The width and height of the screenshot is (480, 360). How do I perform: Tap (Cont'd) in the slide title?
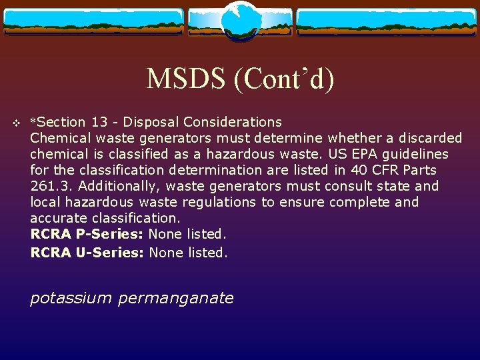[x=284, y=79]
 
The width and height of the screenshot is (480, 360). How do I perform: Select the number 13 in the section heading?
[x=100, y=122]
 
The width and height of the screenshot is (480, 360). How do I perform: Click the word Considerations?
[x=233, y=122]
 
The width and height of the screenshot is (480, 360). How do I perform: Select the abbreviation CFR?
[x=375, y=170]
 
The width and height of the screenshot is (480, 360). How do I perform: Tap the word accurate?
[x=58, y=218]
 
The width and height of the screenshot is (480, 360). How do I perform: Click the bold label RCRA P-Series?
[x=87, y=234]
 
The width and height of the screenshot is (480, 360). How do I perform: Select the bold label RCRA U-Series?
[x=87, y=253]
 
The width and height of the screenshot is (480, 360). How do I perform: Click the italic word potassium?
[x=71, y=298]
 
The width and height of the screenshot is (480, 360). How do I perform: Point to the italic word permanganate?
[x=175, y=298]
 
